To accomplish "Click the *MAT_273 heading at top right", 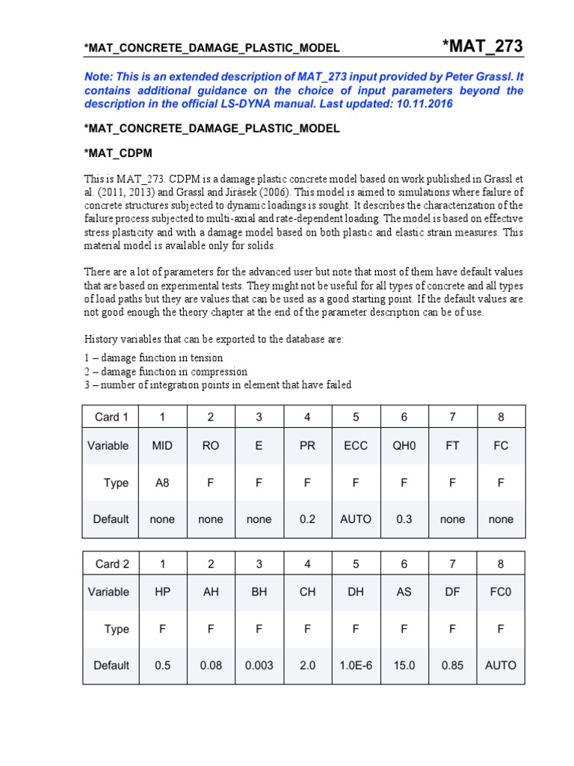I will [x=483, y=46].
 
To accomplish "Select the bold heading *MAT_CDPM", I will [x=118, y=153].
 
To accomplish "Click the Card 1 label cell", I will [x=111, y=417].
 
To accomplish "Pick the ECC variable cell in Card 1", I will [x=356, y=445].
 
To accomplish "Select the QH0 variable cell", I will [x=404, y=445].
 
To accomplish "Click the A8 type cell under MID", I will [x=162, y=482].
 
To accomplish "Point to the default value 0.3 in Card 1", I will [x=404, y=519].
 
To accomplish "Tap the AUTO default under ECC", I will [x=356, y=519].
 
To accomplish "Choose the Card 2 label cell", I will [x=111, y=563].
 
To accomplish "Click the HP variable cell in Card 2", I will [x=162, y=592].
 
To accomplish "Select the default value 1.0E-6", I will [x=356, y=665].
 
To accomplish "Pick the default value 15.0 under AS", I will [x=404, y=665].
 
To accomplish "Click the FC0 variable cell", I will [x=501, y=592].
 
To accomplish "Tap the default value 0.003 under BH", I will [x=259, y=665].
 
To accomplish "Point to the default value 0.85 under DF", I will [x=452, y=665].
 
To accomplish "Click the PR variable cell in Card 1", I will [x=307, y=445].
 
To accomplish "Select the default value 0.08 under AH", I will [x=211, y=665].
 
